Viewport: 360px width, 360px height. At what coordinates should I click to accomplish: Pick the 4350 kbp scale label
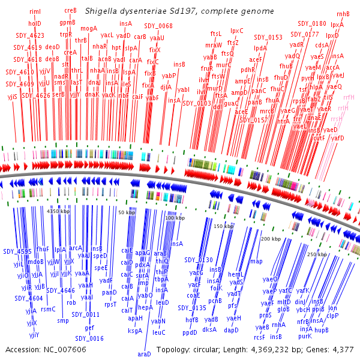pos(58,211)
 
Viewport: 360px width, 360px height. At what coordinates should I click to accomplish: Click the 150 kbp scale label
pos(223,226)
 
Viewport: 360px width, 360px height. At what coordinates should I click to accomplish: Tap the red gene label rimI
pos(35,11)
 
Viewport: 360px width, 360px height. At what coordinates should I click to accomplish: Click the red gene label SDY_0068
pos(158,26)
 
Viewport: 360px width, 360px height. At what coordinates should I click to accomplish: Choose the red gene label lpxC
pos(237,30)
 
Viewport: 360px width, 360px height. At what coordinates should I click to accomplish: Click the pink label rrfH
pos(349,97)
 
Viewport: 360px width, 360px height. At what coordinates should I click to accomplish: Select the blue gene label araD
pos(144,354)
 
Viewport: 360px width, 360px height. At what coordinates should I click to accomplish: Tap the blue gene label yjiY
pos(34,334)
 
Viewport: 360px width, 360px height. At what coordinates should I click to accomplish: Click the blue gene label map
pos(256,261)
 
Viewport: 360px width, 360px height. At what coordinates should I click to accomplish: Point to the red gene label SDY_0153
pos(268,37)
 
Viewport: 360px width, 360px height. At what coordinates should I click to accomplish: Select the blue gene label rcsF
pos(259,337)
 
